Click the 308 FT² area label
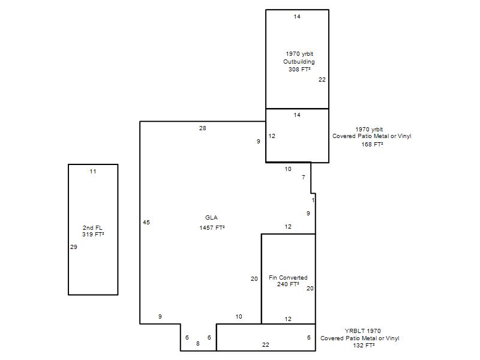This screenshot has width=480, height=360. point(299,70)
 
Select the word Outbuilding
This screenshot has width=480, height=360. point(299,62)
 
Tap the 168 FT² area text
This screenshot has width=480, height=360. point(372,144)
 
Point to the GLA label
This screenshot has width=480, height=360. point(211,218)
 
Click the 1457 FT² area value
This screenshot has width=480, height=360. point(212,228)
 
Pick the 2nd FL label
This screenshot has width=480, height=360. point(92,228)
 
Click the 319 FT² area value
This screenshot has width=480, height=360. point(93,235)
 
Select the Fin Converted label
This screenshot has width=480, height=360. point(288,278)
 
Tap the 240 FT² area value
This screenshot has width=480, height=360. point(288,284)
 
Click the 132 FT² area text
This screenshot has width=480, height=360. point(364,346)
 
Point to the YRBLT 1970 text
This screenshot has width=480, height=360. point(363,331)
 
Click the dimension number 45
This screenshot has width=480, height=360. point(146,223)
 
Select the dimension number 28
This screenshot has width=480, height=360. point(203,128)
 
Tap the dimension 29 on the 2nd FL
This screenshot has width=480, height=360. point(73,247)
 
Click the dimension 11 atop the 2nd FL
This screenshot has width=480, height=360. point(93,172)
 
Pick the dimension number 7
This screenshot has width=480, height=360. point(304,177)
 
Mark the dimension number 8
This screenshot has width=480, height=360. point(198,344)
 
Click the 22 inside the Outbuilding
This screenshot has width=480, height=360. point(322,80)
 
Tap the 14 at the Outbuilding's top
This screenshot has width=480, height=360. point(297,17)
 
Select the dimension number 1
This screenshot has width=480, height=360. point(313,200)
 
